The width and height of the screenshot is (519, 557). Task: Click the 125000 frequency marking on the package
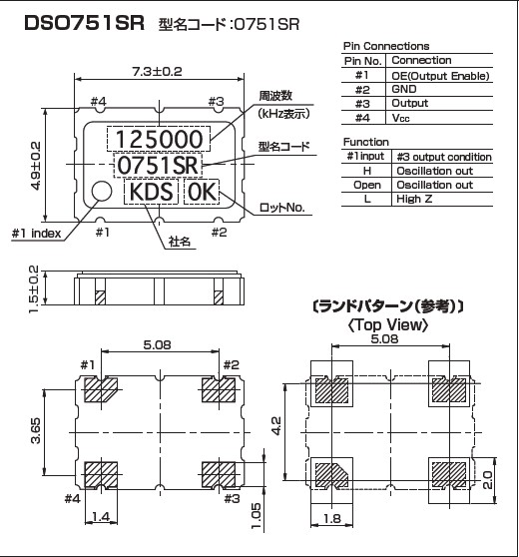pyautogui.click(x=159, y=139)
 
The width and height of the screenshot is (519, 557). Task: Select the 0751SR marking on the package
pyautogui.click(x=159, y=166)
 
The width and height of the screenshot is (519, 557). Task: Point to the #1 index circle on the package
pyautogui.click(x=102, y=192)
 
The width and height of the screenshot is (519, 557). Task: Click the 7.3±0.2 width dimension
pyautogui.click(x=157, y=71)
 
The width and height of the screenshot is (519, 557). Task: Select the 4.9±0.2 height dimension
pyautogui.click(x=36, y=165)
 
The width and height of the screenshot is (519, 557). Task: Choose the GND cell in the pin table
pyautogui.click(x=405, y=89)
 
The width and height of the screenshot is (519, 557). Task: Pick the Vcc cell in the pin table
pyautogui.click(x=402, y=117)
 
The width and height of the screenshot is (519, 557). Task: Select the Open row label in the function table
pyautogui.click(x=367, y=185)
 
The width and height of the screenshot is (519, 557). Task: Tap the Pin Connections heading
pyautogui.click(x=386, y=46)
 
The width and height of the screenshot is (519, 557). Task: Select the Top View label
pyautogui.click(x=388, y=324)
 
